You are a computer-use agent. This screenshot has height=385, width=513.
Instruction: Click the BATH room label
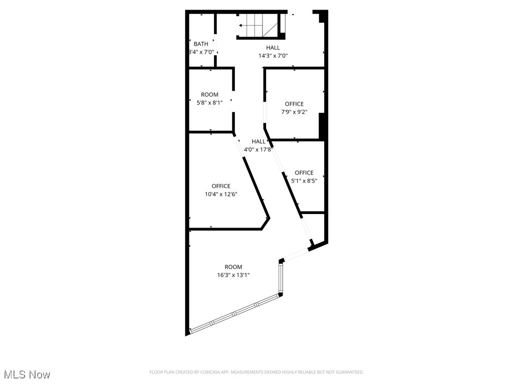click(x=201, y=44)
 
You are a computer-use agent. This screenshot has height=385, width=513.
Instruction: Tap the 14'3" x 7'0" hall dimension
click(x=273, y=56)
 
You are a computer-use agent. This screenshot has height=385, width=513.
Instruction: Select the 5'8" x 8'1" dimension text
click(x=209, y=102)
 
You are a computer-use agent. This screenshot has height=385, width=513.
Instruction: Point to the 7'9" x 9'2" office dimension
click(x=294, y=112)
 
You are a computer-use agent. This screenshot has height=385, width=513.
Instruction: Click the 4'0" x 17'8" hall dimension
click(x=259, y=149)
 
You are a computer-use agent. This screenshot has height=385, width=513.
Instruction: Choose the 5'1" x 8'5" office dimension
click(x=304, y=180)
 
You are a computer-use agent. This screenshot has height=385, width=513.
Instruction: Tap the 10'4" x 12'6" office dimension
click(x=221, y=194)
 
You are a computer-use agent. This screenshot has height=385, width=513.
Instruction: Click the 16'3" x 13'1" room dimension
click(x=233, y=275)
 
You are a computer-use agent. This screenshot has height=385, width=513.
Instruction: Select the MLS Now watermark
click(x=27, y=374)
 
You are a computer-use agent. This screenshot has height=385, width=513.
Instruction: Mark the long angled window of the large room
click(x=235, y=314)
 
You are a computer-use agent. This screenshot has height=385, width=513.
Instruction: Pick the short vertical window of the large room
click(x=281, y=278)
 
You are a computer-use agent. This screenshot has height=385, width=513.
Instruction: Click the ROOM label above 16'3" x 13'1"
click(x=233, y=267)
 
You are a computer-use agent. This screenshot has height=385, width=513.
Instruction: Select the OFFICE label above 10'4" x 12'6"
click(x=221, y=186)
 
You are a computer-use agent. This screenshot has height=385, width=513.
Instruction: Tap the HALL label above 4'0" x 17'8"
click(x=259, y=141)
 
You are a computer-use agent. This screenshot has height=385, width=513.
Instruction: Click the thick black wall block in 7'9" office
click(x=322, y=126)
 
